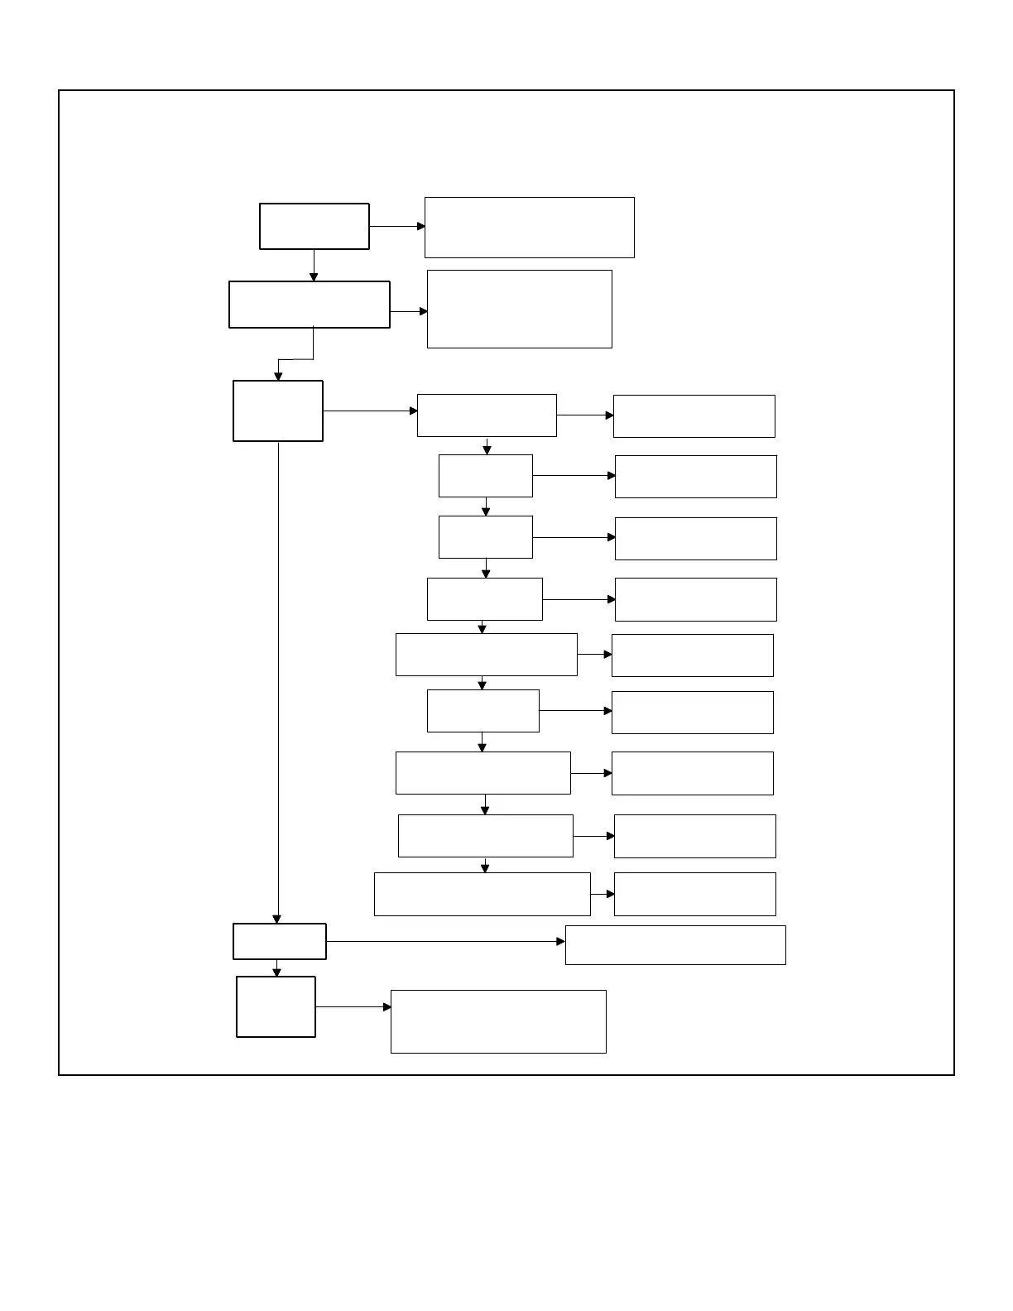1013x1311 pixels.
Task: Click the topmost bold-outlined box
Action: pyautogui.click(x=314, y=226)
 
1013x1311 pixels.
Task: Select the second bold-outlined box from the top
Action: pyautogui.click(x=309, y=305)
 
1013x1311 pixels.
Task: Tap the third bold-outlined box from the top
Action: pyautogui.click(x=277, y=411)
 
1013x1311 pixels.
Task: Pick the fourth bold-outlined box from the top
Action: pyautogui.click(x=279, y=941)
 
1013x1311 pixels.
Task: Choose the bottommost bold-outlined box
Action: pyautogui.click(x=276, y=1006)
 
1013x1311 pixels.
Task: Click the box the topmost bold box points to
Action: pyautogui.click(x=529, y=228)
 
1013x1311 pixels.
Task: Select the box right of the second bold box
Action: pyautogui.click(x=519, y=309)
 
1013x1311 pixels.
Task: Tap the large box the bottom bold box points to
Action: pyautogui.click(x=497, y=1021)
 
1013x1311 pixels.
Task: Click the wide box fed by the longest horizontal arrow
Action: pyautogui.click(x=675, y=944)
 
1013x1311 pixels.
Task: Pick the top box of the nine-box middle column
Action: pyautogui.click(x=487, y=415)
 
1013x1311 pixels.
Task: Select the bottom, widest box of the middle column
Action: pyautogui.click(x=482, y=894)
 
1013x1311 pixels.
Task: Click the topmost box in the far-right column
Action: pyautogui.click(x=694, y=416)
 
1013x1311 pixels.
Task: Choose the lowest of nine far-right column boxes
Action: pyautogui.click(x=694, y=894)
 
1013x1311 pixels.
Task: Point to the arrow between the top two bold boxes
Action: pyautogui.click(x=314, y=265)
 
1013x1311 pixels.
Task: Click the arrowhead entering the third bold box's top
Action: pyautogui.click(x=278, y=376)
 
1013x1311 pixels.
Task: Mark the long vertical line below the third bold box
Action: pyautogui.click(x=278, y=679)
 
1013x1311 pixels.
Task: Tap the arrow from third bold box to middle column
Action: pyautogui.click(x=370, y=411)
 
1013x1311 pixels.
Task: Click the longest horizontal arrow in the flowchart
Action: pyautogui.click(x=445, y=941)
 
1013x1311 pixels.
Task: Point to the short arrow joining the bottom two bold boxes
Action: pyautogui.click(x=276, y=968)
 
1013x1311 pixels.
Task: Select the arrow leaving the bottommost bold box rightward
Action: pyautogui.click(x=353, y=1007)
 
